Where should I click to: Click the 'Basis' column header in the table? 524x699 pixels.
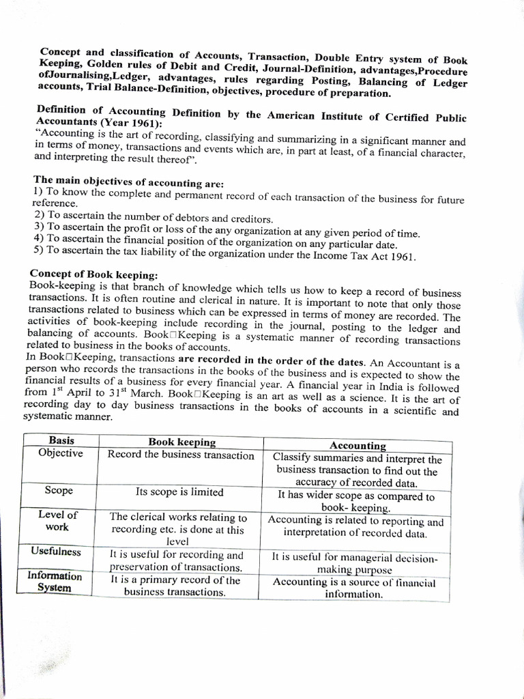coord(61,441)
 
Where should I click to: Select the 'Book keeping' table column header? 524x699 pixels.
coord(181,442)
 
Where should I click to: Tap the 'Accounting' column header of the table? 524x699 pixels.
coord(358,445)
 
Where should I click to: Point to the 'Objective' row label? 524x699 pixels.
coord(61,453)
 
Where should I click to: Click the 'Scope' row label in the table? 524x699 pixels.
coord(59,490)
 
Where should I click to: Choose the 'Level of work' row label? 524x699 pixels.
coord(57,521)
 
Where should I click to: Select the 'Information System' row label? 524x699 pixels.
coord(55,581)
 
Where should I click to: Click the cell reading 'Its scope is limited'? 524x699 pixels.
coord(179,491)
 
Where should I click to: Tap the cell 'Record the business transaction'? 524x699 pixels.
coord(181,455)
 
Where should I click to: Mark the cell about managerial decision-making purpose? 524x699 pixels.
coord(354,563)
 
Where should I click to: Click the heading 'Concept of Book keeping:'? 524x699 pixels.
coord(93,274)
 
